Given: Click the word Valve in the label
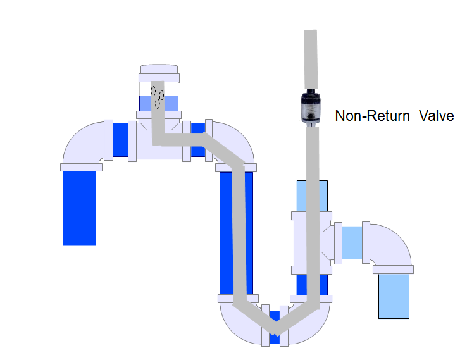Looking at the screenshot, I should click(436, 116).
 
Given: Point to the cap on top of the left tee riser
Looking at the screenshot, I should click(159, 73).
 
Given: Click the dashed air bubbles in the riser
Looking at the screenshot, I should click(157, 94).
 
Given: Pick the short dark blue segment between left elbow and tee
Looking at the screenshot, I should click(121, 139).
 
